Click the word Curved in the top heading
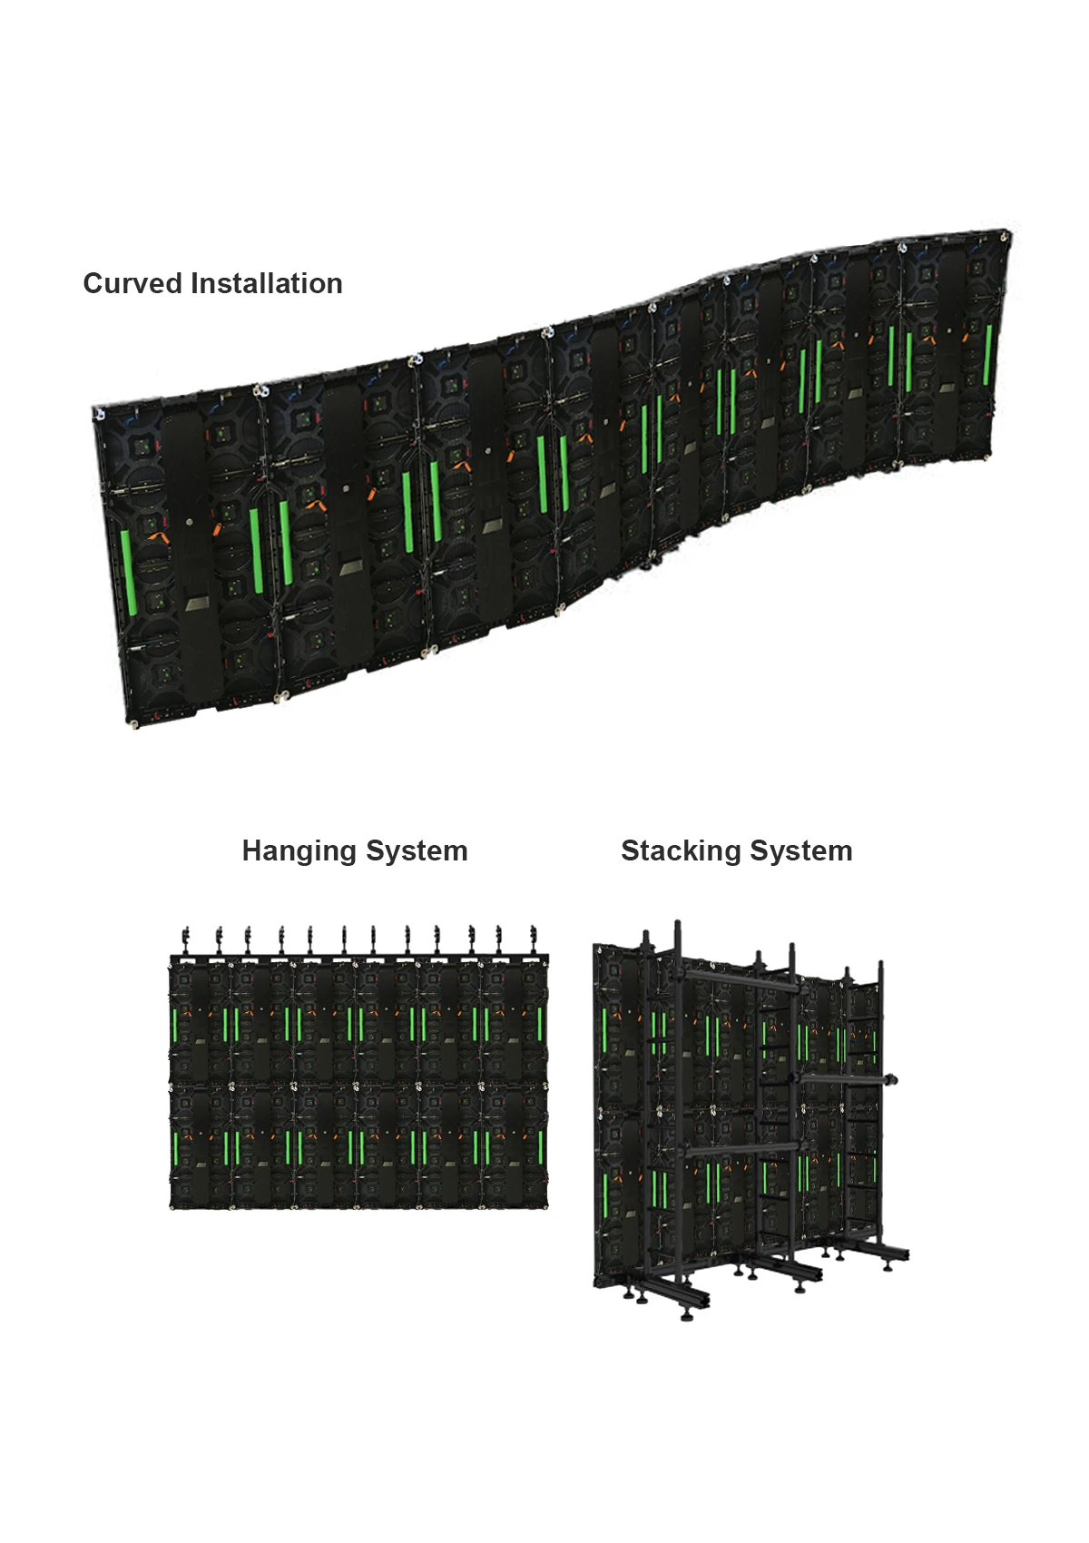(x=132, y=284)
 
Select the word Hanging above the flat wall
(x=297, y=851)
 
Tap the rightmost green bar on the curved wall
(x=988, y=354)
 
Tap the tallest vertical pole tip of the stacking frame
(x=677, y=926)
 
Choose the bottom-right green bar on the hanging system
(x=541, y=1148)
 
